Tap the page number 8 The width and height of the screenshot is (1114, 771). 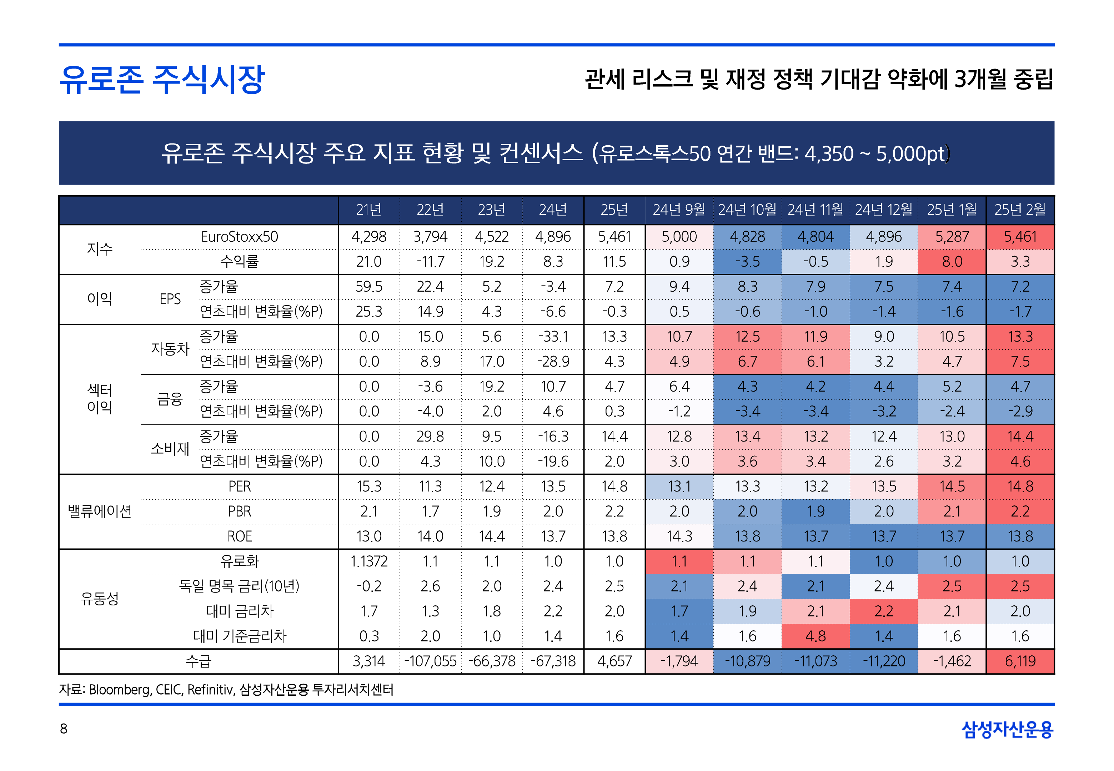click(63, 729)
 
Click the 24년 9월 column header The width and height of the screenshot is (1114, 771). click(679, 210)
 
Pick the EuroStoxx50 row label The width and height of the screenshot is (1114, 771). click(239, 237)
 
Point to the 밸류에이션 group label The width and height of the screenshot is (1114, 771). click(100, 511)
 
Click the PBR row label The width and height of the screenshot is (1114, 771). click(239, 511)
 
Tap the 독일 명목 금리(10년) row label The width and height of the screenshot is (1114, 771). click(239, 586)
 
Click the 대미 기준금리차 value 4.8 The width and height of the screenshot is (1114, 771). click(816, 636)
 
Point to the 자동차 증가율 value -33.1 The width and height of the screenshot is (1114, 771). click(553, 336)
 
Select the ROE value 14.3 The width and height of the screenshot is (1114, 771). click(679, 536)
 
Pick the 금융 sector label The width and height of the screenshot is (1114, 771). click(170, 399)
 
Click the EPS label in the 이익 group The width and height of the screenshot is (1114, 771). click(170, 299)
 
